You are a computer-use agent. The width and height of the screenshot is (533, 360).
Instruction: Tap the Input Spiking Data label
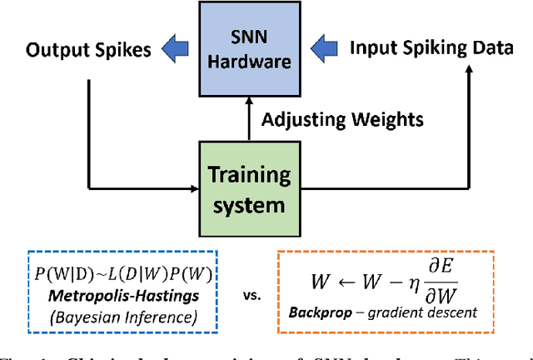[431, 47]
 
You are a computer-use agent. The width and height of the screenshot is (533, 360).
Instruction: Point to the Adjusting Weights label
[342, 120]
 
